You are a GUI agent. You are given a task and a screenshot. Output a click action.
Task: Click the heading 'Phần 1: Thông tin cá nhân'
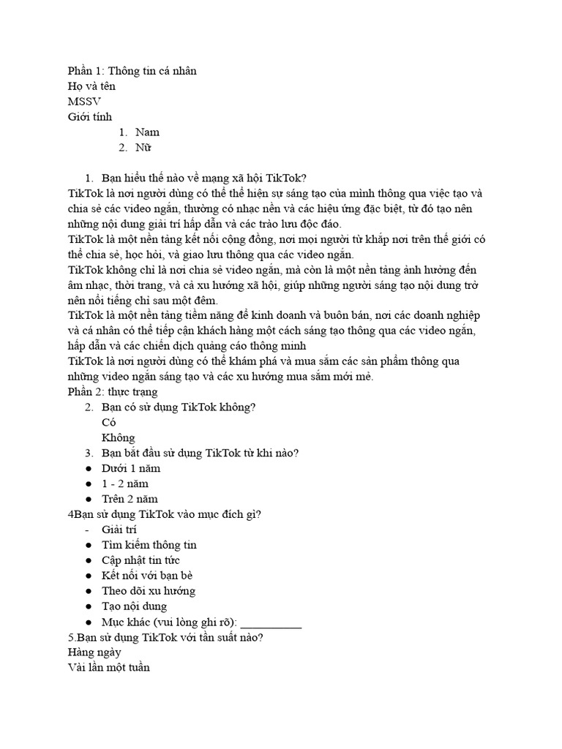coord(132,71)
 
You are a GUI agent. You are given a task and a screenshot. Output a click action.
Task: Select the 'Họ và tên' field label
coord(91,86)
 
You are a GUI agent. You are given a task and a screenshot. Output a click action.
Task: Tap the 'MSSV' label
coord(84,102)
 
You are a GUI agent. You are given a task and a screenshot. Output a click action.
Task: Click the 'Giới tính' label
coord(90,117)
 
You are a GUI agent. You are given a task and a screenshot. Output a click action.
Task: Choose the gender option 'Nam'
coord(147,132)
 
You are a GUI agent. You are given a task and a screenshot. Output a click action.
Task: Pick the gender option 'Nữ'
coord(142,148)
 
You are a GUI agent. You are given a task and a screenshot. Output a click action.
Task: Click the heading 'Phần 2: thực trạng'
coord(112,392)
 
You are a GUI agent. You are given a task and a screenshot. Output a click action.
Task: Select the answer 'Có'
coord(109,423)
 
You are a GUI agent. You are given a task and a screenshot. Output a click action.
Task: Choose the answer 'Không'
coord(119,438)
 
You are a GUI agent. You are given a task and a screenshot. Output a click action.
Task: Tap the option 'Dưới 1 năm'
coord(131,468)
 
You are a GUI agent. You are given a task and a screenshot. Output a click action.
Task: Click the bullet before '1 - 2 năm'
coord(88,483)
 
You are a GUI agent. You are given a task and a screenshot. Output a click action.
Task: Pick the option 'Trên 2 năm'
coord(130,499)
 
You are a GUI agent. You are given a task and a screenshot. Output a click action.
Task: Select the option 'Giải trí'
coord(119,530)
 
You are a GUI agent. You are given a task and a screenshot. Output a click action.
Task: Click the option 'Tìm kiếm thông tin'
coord(149,545)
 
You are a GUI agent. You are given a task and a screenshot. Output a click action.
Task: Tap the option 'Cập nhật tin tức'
coord(140,560)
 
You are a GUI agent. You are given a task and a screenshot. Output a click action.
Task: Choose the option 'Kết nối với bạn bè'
coord(147,576)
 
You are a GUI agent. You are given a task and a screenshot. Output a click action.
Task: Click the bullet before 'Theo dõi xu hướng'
coord(88,591)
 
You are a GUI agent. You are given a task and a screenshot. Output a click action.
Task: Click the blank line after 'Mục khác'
coord(271,623)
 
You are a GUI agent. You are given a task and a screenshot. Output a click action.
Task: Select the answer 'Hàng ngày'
coord(94,652)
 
